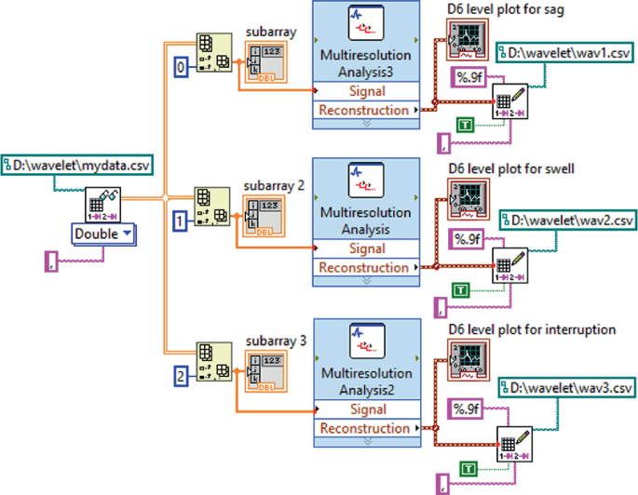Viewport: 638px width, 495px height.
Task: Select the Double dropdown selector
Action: click(102, 234)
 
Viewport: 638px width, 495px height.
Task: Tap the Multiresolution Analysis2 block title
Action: click(365, 381)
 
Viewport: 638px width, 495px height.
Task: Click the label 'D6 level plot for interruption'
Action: click(531, 329)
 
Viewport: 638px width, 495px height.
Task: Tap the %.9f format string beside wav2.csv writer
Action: click(466, 239)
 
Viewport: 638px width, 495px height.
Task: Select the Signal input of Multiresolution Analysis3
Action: click(365, 91)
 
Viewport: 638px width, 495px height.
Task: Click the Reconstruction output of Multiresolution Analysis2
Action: click(365, 428)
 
